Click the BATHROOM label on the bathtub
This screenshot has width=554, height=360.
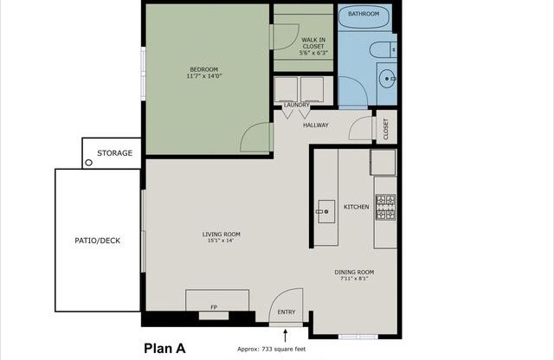(364, 15)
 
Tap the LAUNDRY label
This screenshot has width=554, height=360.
(296, 106)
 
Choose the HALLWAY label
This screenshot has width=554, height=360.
(315, 125)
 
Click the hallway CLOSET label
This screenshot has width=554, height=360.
(386, 128)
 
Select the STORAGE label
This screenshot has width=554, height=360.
(114, 153)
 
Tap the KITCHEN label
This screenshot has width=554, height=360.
(357, 207)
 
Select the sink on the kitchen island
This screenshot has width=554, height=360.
(325, 208)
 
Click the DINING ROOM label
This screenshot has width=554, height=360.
(354, 272)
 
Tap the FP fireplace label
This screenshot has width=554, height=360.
(215, 307)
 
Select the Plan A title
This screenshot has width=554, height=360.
(164, 349)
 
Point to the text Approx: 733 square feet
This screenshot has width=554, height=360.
(272, 350)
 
